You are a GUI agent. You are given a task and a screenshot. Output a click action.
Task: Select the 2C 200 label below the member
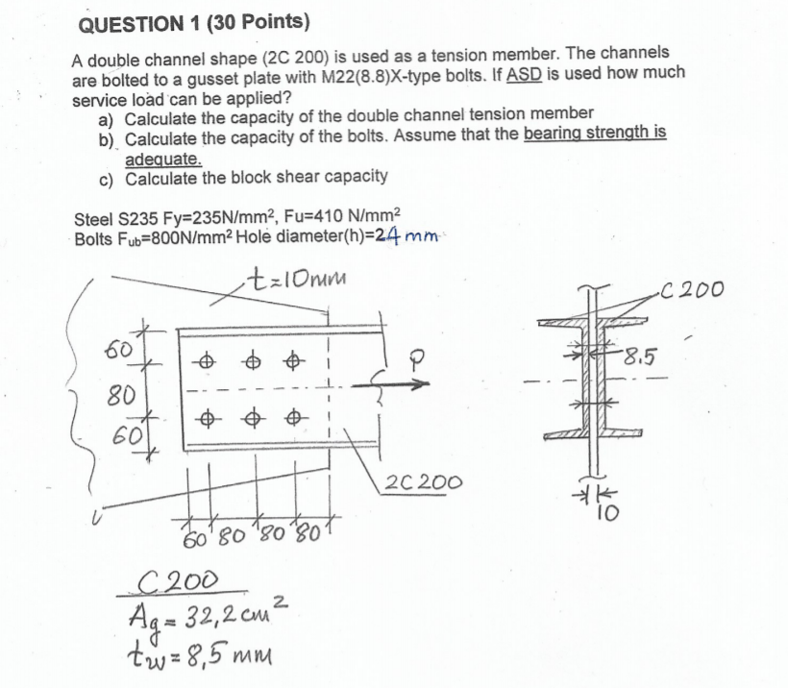422,481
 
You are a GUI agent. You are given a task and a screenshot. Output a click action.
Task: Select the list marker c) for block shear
106,178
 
